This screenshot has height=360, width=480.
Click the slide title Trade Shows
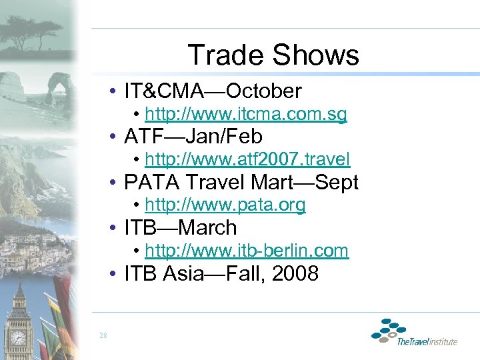273,55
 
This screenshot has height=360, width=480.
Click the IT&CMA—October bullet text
213,91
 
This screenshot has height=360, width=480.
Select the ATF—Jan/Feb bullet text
193,137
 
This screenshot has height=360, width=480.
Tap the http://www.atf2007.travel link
247,159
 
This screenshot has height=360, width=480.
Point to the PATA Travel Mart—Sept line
241,182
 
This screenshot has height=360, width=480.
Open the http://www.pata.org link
225,205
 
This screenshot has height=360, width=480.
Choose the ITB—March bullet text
180,227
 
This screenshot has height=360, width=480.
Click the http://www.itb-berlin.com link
246,251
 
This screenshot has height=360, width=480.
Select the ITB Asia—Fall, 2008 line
221,273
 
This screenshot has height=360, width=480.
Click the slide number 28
103,335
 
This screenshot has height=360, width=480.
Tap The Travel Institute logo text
427,341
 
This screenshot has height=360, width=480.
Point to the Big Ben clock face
18,337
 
